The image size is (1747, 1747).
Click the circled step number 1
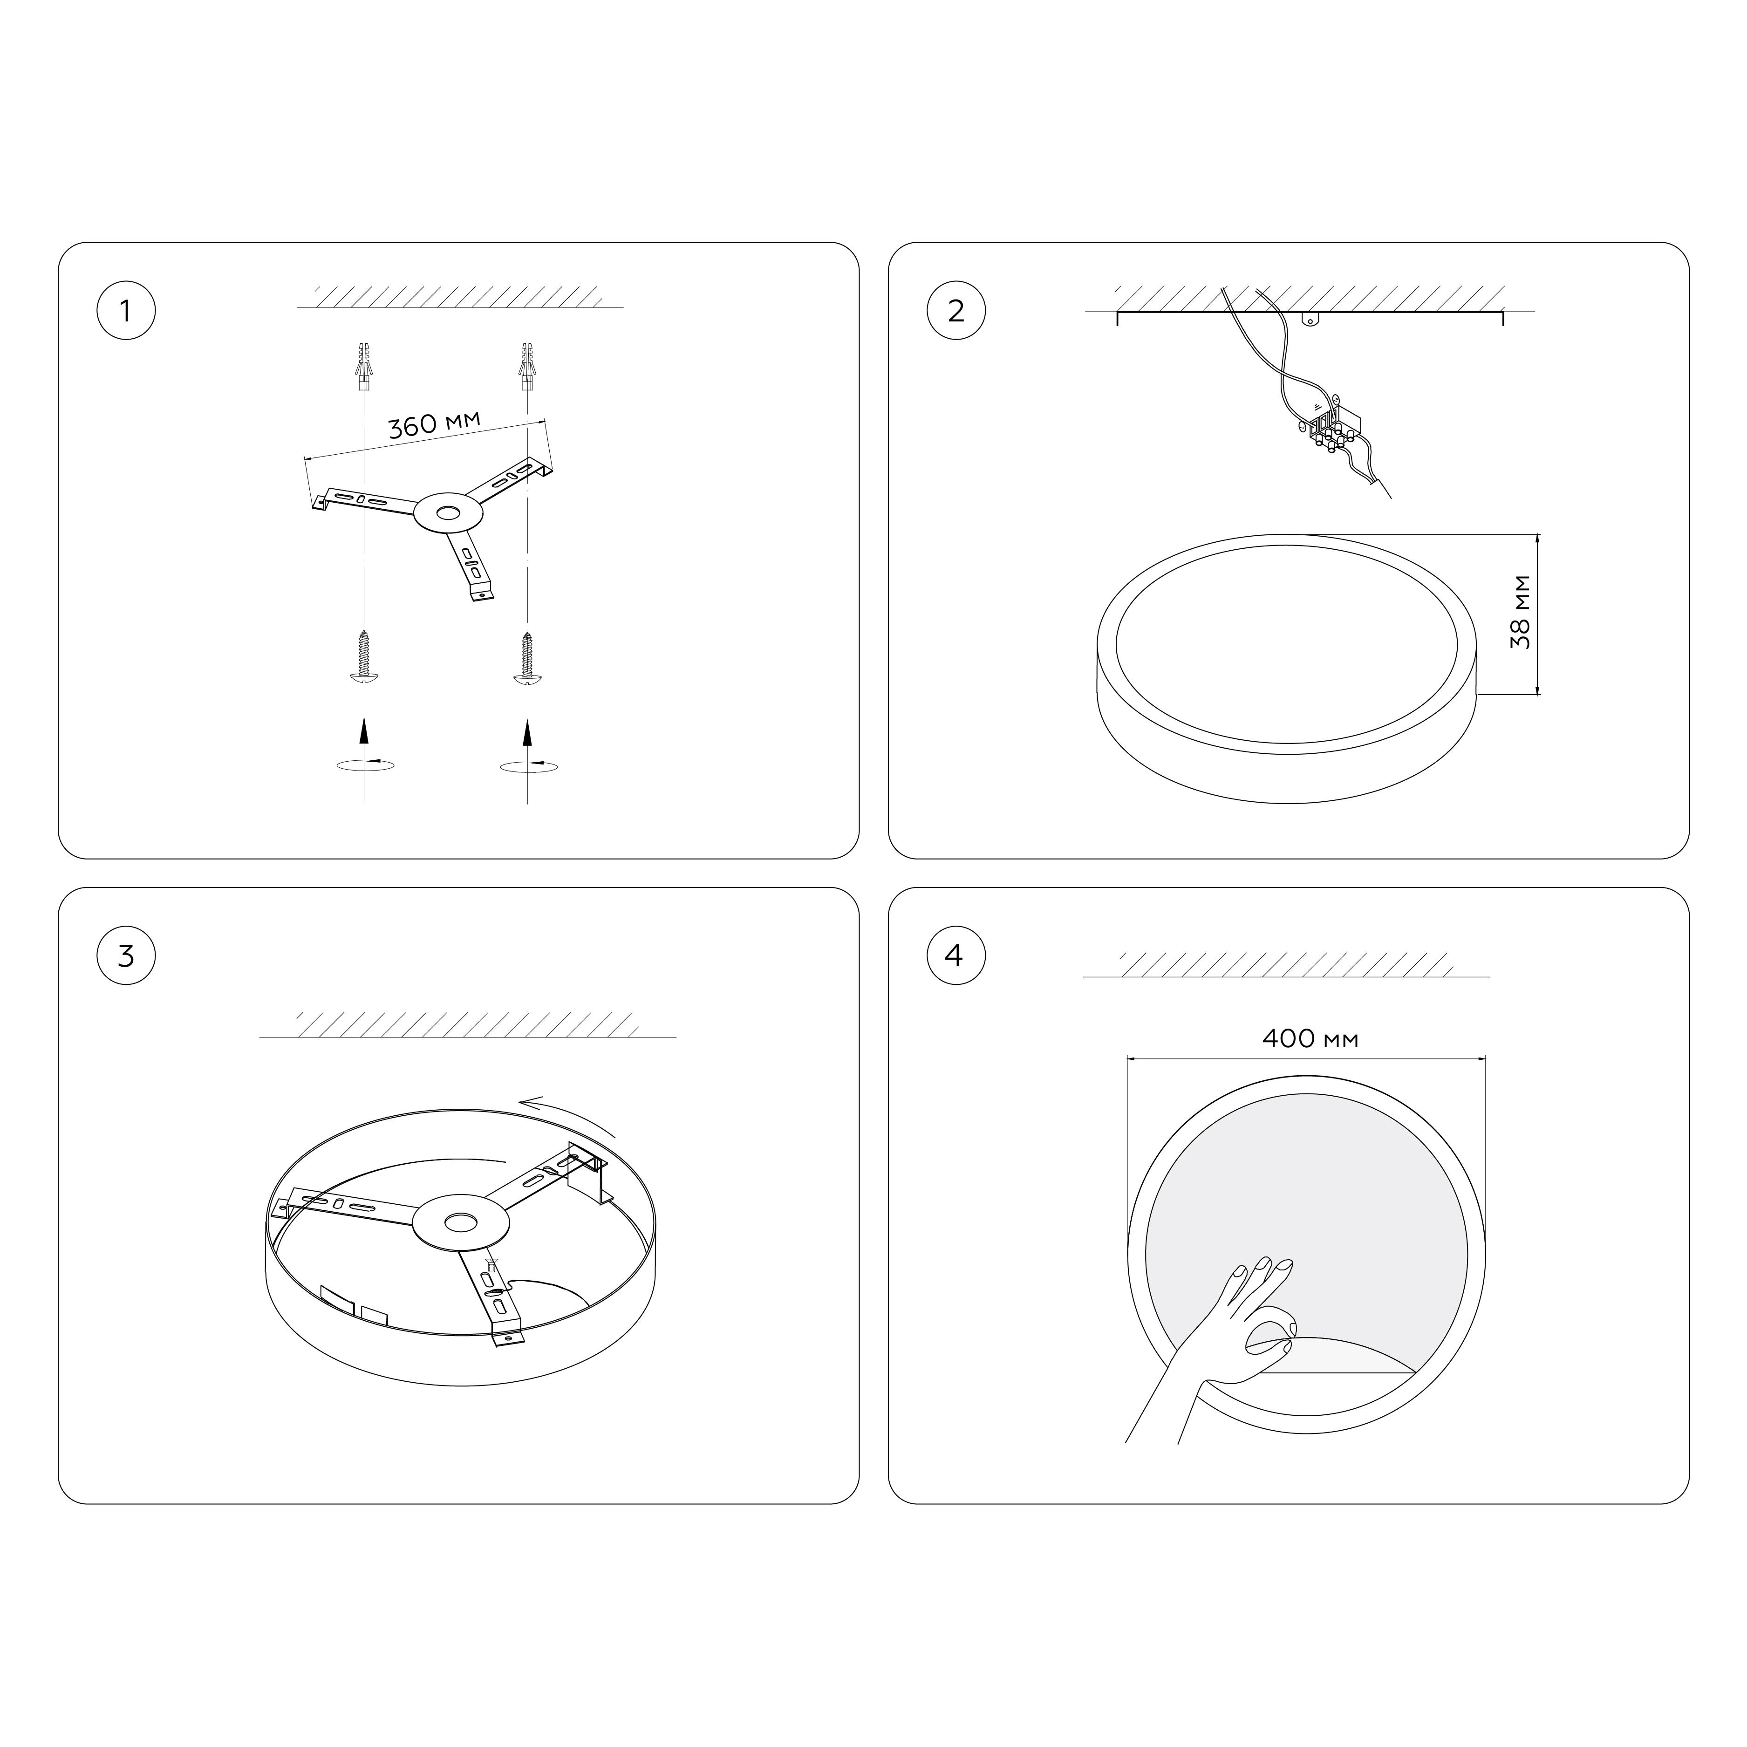(x=126, y=311)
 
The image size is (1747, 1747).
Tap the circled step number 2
(x=956, y=311)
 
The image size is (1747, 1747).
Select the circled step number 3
(x=126, y=956)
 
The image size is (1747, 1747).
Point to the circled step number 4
(x=956, y=956)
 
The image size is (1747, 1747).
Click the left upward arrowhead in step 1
(x=363, y=730)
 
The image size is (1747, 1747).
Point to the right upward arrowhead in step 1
(x=527, y=730)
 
